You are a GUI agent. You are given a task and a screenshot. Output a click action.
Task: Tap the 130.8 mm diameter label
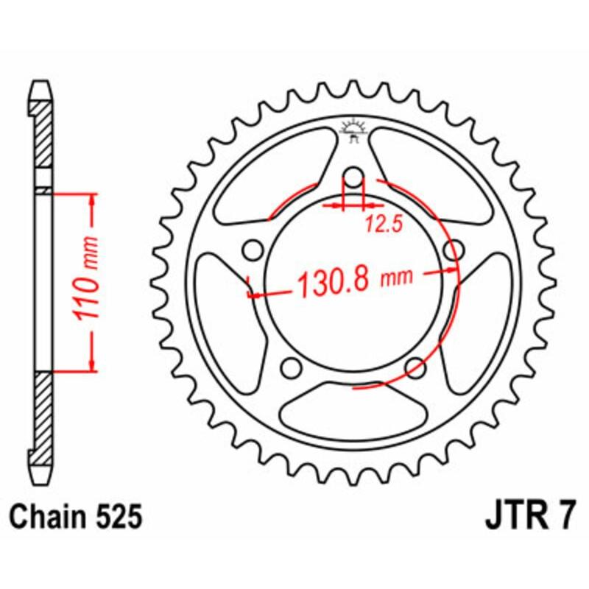click(x=353, y=281)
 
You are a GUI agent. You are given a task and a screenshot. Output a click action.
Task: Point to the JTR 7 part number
click(x=531, y=516)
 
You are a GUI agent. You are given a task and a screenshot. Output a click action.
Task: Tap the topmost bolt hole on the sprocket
click(x=353, y=177)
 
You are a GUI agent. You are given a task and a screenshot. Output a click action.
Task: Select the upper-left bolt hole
click(x=254, y=250)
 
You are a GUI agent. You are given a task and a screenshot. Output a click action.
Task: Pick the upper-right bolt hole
click(x=452, y=250)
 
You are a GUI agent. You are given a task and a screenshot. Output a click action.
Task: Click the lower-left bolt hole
click(x=292, y=366)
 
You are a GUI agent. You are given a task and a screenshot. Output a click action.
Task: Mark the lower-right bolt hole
click(x=415, y=366)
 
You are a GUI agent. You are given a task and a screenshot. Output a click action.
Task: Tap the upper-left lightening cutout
click(x=272, y=177)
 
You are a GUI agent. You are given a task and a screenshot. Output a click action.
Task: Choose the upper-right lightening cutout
click(x=434, y=177)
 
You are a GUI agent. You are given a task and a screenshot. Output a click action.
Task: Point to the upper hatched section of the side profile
click(x=43, y=140)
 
